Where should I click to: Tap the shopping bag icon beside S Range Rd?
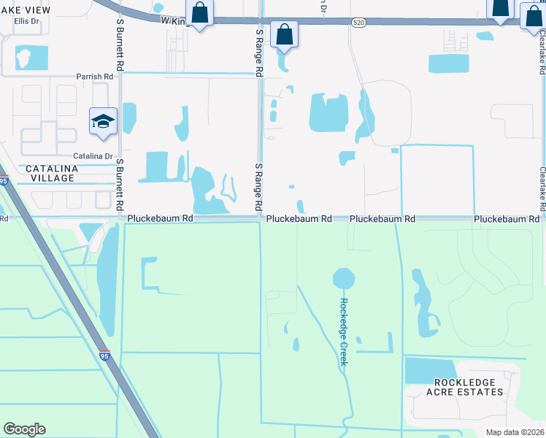coord(284,34)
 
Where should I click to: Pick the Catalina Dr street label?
coord(92,156)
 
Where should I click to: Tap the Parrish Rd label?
coord(95,76)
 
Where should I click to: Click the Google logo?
coord(24,429)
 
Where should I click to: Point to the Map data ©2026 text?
coord(515,432)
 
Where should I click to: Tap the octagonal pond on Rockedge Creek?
coord(343,278)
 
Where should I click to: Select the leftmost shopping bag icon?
coord(199,12)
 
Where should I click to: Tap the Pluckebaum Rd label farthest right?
coord(506,219)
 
